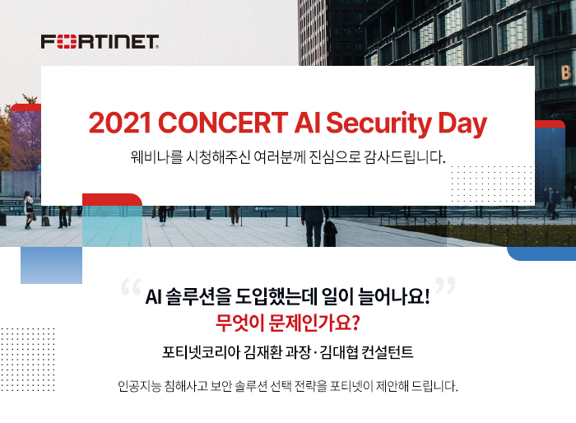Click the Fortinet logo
(100, 41)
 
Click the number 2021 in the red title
(120, 123)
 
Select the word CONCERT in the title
(223, 123)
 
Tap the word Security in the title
(379, 123)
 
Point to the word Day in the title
(462, 124)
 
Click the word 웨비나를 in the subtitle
(156, 157)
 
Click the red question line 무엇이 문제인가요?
(288, 323)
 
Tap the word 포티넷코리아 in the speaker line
(201, 352)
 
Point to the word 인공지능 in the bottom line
(140, 386)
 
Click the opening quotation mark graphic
(131, 286)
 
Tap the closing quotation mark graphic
(445, 286)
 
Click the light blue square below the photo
(51, 265)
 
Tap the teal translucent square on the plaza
(112, 226)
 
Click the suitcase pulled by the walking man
(330, 233)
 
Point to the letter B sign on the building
(566, 72)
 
